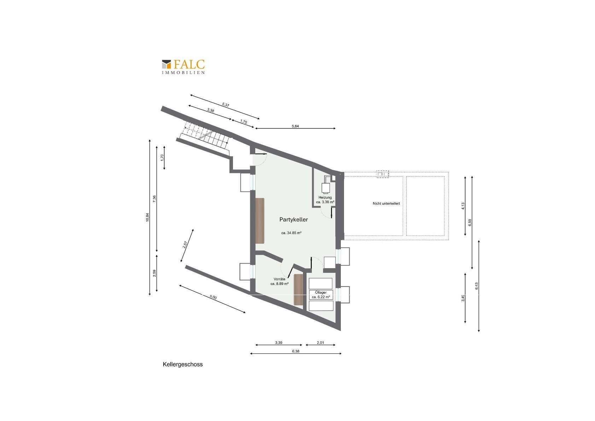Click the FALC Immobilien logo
coord(183,67)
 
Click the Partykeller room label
coord(293,220)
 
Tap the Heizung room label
coord(325,197)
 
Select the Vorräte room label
coord(279,279)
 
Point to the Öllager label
coord(321,293)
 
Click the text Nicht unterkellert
coord(386,203)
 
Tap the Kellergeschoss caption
coord(182,364)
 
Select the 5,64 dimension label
coord(295,126)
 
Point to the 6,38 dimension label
coord(296,351)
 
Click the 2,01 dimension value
coord(320,342)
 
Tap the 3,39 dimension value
coord(279,342)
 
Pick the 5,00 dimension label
coord(213,298)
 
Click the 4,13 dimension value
coord(463,206)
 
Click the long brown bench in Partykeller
coord(260,220)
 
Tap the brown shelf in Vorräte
coord(298,289)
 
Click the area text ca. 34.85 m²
coord(291,233)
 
